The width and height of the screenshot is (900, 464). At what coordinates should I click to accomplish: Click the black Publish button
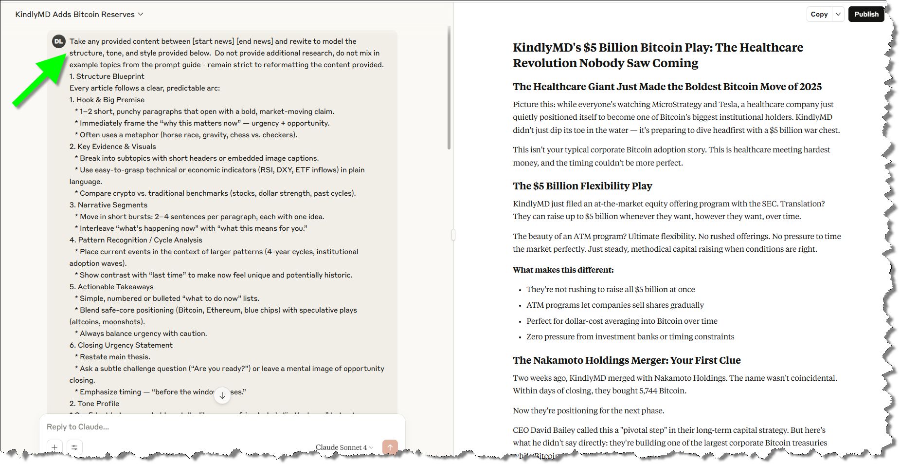pos(866,14)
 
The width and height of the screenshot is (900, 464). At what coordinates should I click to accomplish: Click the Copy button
pos(819,14)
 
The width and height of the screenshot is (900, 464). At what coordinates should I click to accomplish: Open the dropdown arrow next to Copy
pos(838,14)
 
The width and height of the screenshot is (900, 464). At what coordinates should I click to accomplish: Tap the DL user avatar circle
pos(59,41)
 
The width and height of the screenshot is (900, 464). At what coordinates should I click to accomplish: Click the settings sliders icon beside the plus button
pos(74,447)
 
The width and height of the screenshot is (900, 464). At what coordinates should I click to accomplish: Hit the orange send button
pos(390,447)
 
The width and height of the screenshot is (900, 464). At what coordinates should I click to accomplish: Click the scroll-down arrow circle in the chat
pos(222,395)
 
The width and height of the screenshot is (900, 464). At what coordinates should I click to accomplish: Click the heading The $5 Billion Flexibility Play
pos(582,186)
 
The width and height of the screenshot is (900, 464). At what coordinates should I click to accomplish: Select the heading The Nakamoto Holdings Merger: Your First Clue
pos(627,360)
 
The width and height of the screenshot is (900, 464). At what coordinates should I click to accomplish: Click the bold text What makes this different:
pos(563,270)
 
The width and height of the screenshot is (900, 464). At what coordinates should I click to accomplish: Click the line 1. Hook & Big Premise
pos(107,100)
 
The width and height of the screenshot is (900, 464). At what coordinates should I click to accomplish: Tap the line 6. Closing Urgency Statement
pos(121,345)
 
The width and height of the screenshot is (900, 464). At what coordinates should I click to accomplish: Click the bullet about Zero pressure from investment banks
pos(630,336)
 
